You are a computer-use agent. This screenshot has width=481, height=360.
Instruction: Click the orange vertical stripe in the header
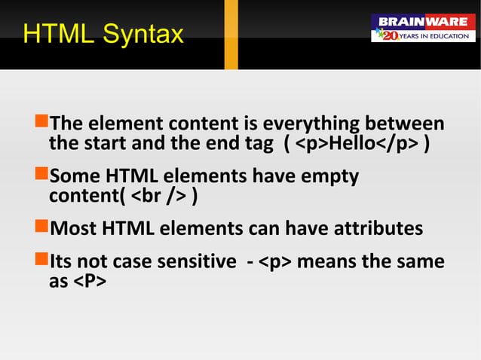231,34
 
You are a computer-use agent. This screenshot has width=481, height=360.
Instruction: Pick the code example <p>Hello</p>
357,143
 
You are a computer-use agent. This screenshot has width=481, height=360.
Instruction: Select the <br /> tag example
161,197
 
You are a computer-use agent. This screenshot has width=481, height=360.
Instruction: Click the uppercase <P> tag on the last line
88,282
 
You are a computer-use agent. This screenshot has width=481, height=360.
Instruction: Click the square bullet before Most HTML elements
41,227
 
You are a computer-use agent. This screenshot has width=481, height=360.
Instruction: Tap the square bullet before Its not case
41,261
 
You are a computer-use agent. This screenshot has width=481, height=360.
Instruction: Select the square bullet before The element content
41,123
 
